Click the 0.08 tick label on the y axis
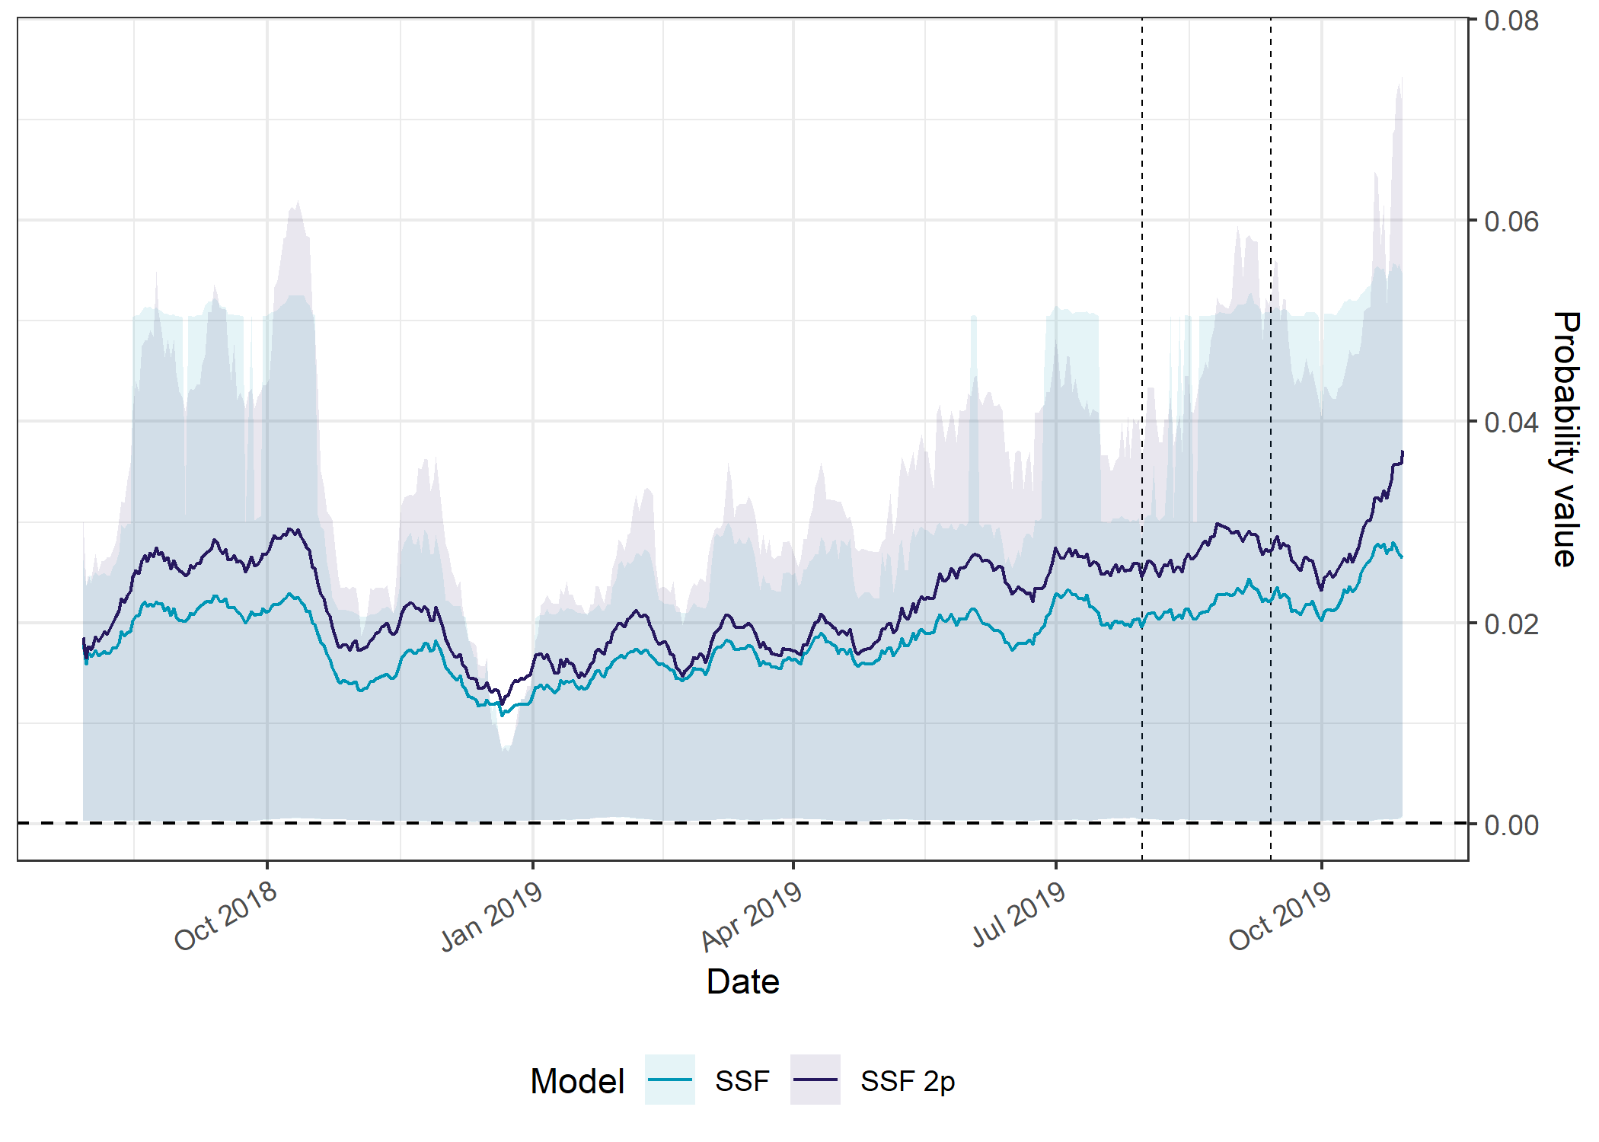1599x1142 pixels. pyautogui.click(x=1511, y=21)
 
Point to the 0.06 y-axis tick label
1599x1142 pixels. pyautogui.click(x=1511, y=222)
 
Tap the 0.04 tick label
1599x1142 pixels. pyautogui.click(x=1511, y=422)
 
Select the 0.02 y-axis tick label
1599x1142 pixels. pyautogui.click(x=1511, y=624)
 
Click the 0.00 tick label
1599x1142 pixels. pyautogui.click(x=1511, y=825)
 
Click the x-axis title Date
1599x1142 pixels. pyautogui.click(x=742, y=981)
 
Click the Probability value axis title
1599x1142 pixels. pyautogui.click(x=1565, y=439)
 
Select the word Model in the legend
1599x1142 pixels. pyautogui.click(x=577, y=1081)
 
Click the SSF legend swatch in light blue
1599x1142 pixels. pyautogui.click(x=669, y=1080)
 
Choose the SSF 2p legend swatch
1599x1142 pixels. pyautogui.click(x=815, y=1080)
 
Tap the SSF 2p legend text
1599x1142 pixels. pyautogui.click(x=908, y=1081)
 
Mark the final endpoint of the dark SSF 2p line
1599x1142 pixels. pyautogui.click(x=1403, y=452)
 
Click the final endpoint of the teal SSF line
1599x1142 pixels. pyautogui.click(x=1402, y=557)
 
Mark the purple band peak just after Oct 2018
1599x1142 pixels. pyautogui.click(x=298, y=202)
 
